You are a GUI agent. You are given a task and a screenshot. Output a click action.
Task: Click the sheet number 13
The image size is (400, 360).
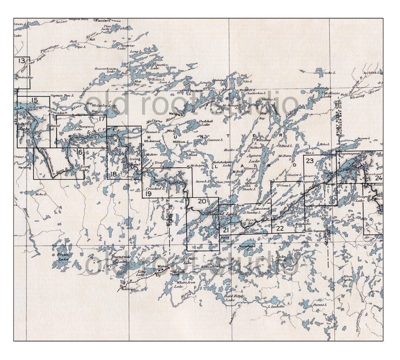coord(22,61)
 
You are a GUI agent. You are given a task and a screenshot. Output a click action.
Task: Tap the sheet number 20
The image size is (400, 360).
coord(202,201)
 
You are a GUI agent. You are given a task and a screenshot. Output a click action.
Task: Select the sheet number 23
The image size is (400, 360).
coord(310,160)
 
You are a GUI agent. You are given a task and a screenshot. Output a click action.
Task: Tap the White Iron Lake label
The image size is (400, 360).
coord(179,284)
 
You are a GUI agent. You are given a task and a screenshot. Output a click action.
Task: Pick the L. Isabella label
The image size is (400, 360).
coord(276,307)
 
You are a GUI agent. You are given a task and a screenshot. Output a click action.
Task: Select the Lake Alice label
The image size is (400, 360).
coord(281,258)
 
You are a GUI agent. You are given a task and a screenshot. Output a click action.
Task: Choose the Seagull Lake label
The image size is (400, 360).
coord(360,199)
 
